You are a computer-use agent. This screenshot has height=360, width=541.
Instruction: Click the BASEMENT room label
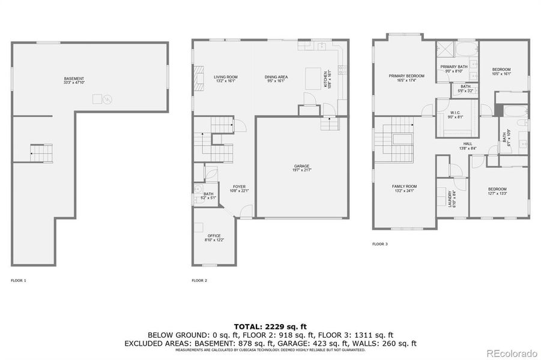(74, 79)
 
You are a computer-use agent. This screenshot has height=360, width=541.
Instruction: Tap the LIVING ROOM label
(226, 77)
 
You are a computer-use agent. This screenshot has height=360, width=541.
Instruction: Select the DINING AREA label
(276, 77)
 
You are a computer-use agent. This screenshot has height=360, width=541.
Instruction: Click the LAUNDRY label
(450, 198)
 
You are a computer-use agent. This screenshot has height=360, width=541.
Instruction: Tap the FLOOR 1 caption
(19, 280)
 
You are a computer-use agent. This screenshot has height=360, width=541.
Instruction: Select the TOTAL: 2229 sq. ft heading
(270, 326)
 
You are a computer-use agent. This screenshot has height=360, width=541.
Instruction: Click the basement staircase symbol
(41, 154)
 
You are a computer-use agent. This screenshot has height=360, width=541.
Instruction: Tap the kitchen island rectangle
(313, 78)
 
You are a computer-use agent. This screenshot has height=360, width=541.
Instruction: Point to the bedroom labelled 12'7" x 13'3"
(497, 191)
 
